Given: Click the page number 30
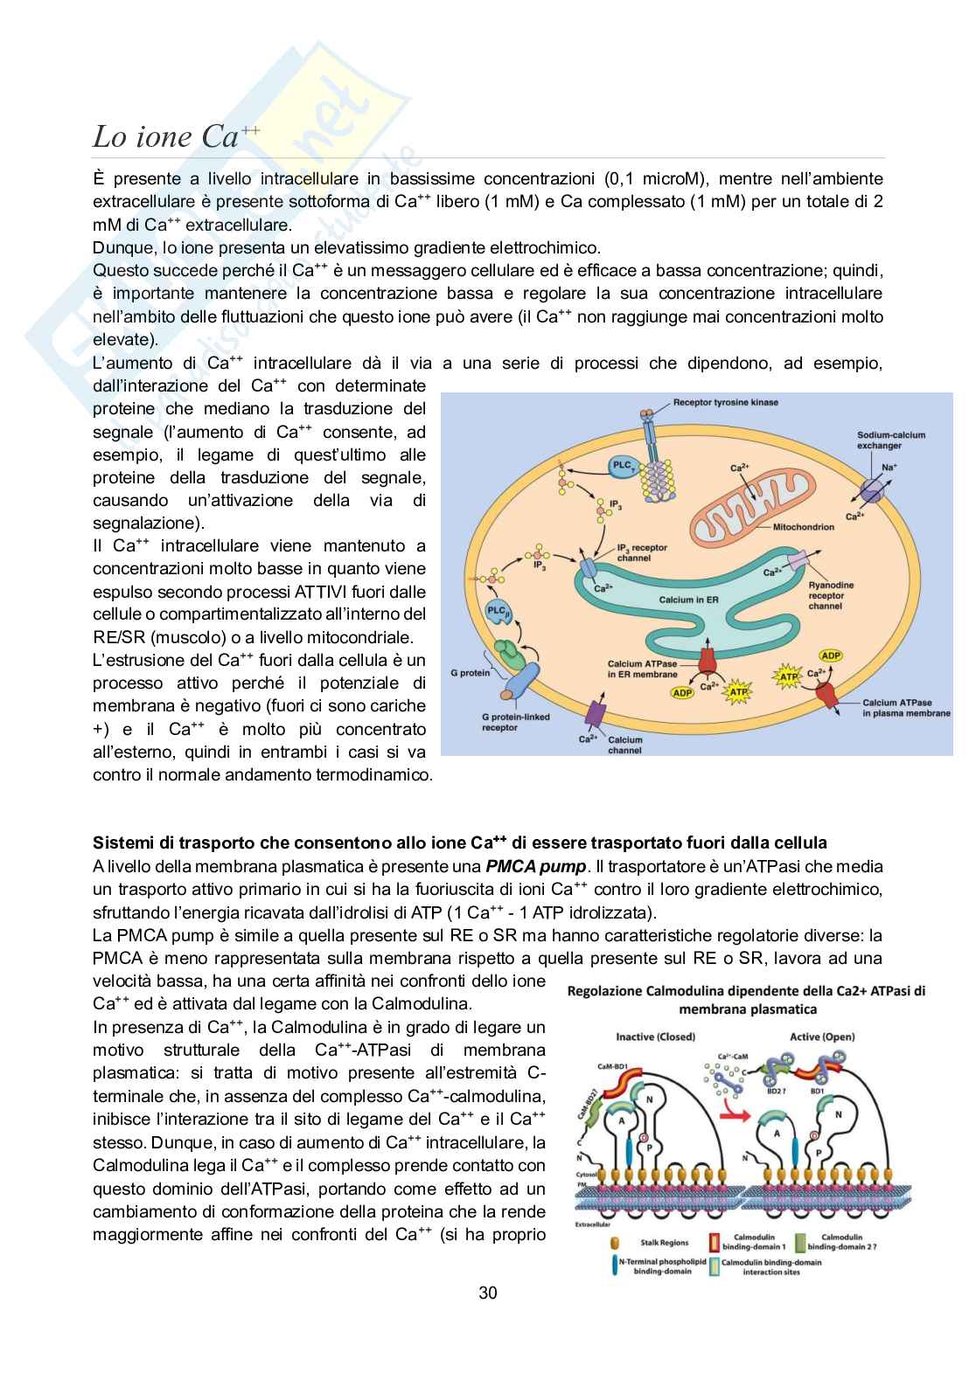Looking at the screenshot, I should pos(488,1293).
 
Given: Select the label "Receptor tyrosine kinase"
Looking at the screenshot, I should pos(725,403).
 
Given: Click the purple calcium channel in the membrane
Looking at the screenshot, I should pos(598,715).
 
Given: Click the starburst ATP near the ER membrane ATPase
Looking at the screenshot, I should pos(739,692).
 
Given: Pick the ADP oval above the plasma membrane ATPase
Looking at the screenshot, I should pos(830,655).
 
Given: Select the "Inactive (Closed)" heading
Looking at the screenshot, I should pos(655,1037).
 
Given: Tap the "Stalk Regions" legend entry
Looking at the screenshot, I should pos(665,1242).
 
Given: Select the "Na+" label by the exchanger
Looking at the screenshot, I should pos(889,468).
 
